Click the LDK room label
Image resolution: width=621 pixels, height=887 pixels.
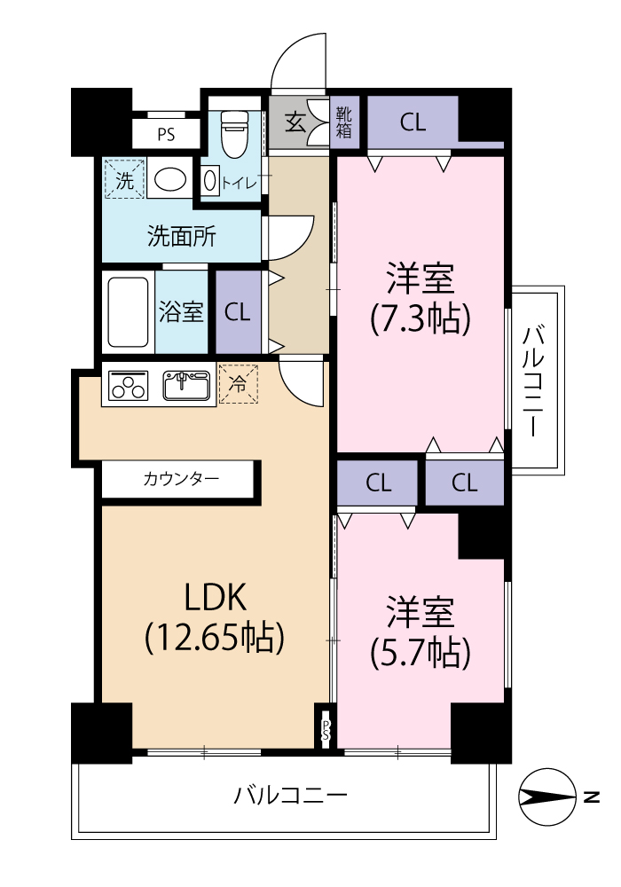[x=216, y=597]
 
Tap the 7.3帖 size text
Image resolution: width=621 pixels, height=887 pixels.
[x=421, y=319]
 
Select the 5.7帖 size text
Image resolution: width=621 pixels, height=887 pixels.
[x=421, y=654]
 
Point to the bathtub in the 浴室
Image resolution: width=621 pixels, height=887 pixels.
[x=128, y=311]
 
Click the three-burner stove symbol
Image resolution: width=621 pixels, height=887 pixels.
[x=128, y=386]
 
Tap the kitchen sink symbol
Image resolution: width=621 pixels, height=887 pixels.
[x=186, y=386]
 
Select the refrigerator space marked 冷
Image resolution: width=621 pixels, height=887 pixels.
[x=239, y=384]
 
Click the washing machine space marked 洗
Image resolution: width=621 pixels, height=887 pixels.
[x=124, y=179]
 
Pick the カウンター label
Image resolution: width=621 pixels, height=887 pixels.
[x=181, y=479]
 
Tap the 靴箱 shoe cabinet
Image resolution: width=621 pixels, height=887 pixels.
[x=344, y=122]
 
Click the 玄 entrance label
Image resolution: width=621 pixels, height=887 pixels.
[x=295, y=122]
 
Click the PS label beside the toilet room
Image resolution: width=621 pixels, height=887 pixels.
[x=166, y=135]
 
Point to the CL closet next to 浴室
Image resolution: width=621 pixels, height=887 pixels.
[x=238, y=312]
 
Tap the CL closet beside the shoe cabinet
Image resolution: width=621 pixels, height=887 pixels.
[x=413, y=122]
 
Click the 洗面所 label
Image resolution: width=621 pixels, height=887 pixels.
[x=182, y=236]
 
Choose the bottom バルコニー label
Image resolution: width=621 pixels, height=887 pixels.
[x=291, y=796]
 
